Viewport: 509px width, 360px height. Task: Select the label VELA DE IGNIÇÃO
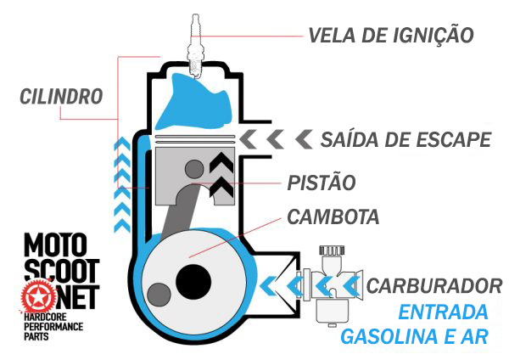pos(389,36)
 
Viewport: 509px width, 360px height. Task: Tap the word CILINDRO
pos(61,94)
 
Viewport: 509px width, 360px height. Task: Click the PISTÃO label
pos(319,181)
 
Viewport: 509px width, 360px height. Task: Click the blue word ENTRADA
pos(444,310)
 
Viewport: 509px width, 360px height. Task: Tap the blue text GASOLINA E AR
pos(414,336)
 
